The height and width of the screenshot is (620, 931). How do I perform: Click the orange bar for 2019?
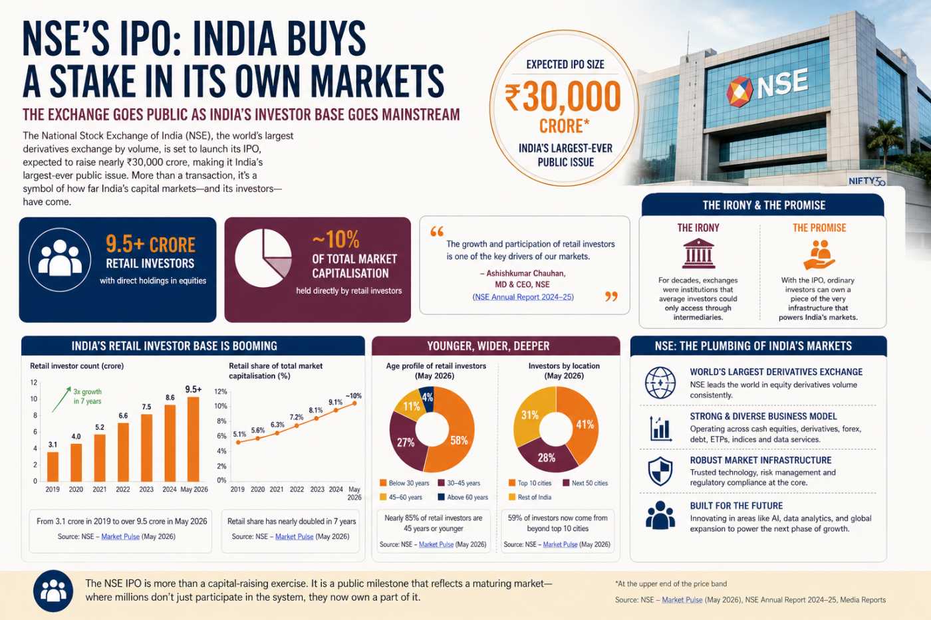53,466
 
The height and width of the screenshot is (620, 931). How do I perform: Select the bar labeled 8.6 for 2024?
170,443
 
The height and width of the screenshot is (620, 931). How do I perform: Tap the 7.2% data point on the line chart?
297,426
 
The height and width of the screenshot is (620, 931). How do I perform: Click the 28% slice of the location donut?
546,457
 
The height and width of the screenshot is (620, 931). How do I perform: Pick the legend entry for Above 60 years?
463,497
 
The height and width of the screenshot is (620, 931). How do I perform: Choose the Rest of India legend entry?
530,497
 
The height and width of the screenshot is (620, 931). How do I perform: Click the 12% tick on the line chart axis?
220,391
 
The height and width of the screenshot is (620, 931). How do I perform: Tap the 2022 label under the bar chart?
123,489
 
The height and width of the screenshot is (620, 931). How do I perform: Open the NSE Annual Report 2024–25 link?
523,297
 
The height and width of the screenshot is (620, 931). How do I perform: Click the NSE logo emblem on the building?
739,91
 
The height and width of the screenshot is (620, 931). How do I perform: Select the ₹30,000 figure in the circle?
563,97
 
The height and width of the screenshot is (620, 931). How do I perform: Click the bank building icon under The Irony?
698,253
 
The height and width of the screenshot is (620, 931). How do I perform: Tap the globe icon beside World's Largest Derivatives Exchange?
660,383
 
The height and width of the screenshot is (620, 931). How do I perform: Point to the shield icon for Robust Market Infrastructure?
660,471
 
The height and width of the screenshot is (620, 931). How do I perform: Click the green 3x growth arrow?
61,399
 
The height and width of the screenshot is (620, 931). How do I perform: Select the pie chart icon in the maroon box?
263,258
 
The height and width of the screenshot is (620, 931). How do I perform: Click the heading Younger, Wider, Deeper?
488,346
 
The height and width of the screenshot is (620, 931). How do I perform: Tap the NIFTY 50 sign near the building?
867,181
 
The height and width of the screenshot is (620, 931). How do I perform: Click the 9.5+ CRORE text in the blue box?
150,244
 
